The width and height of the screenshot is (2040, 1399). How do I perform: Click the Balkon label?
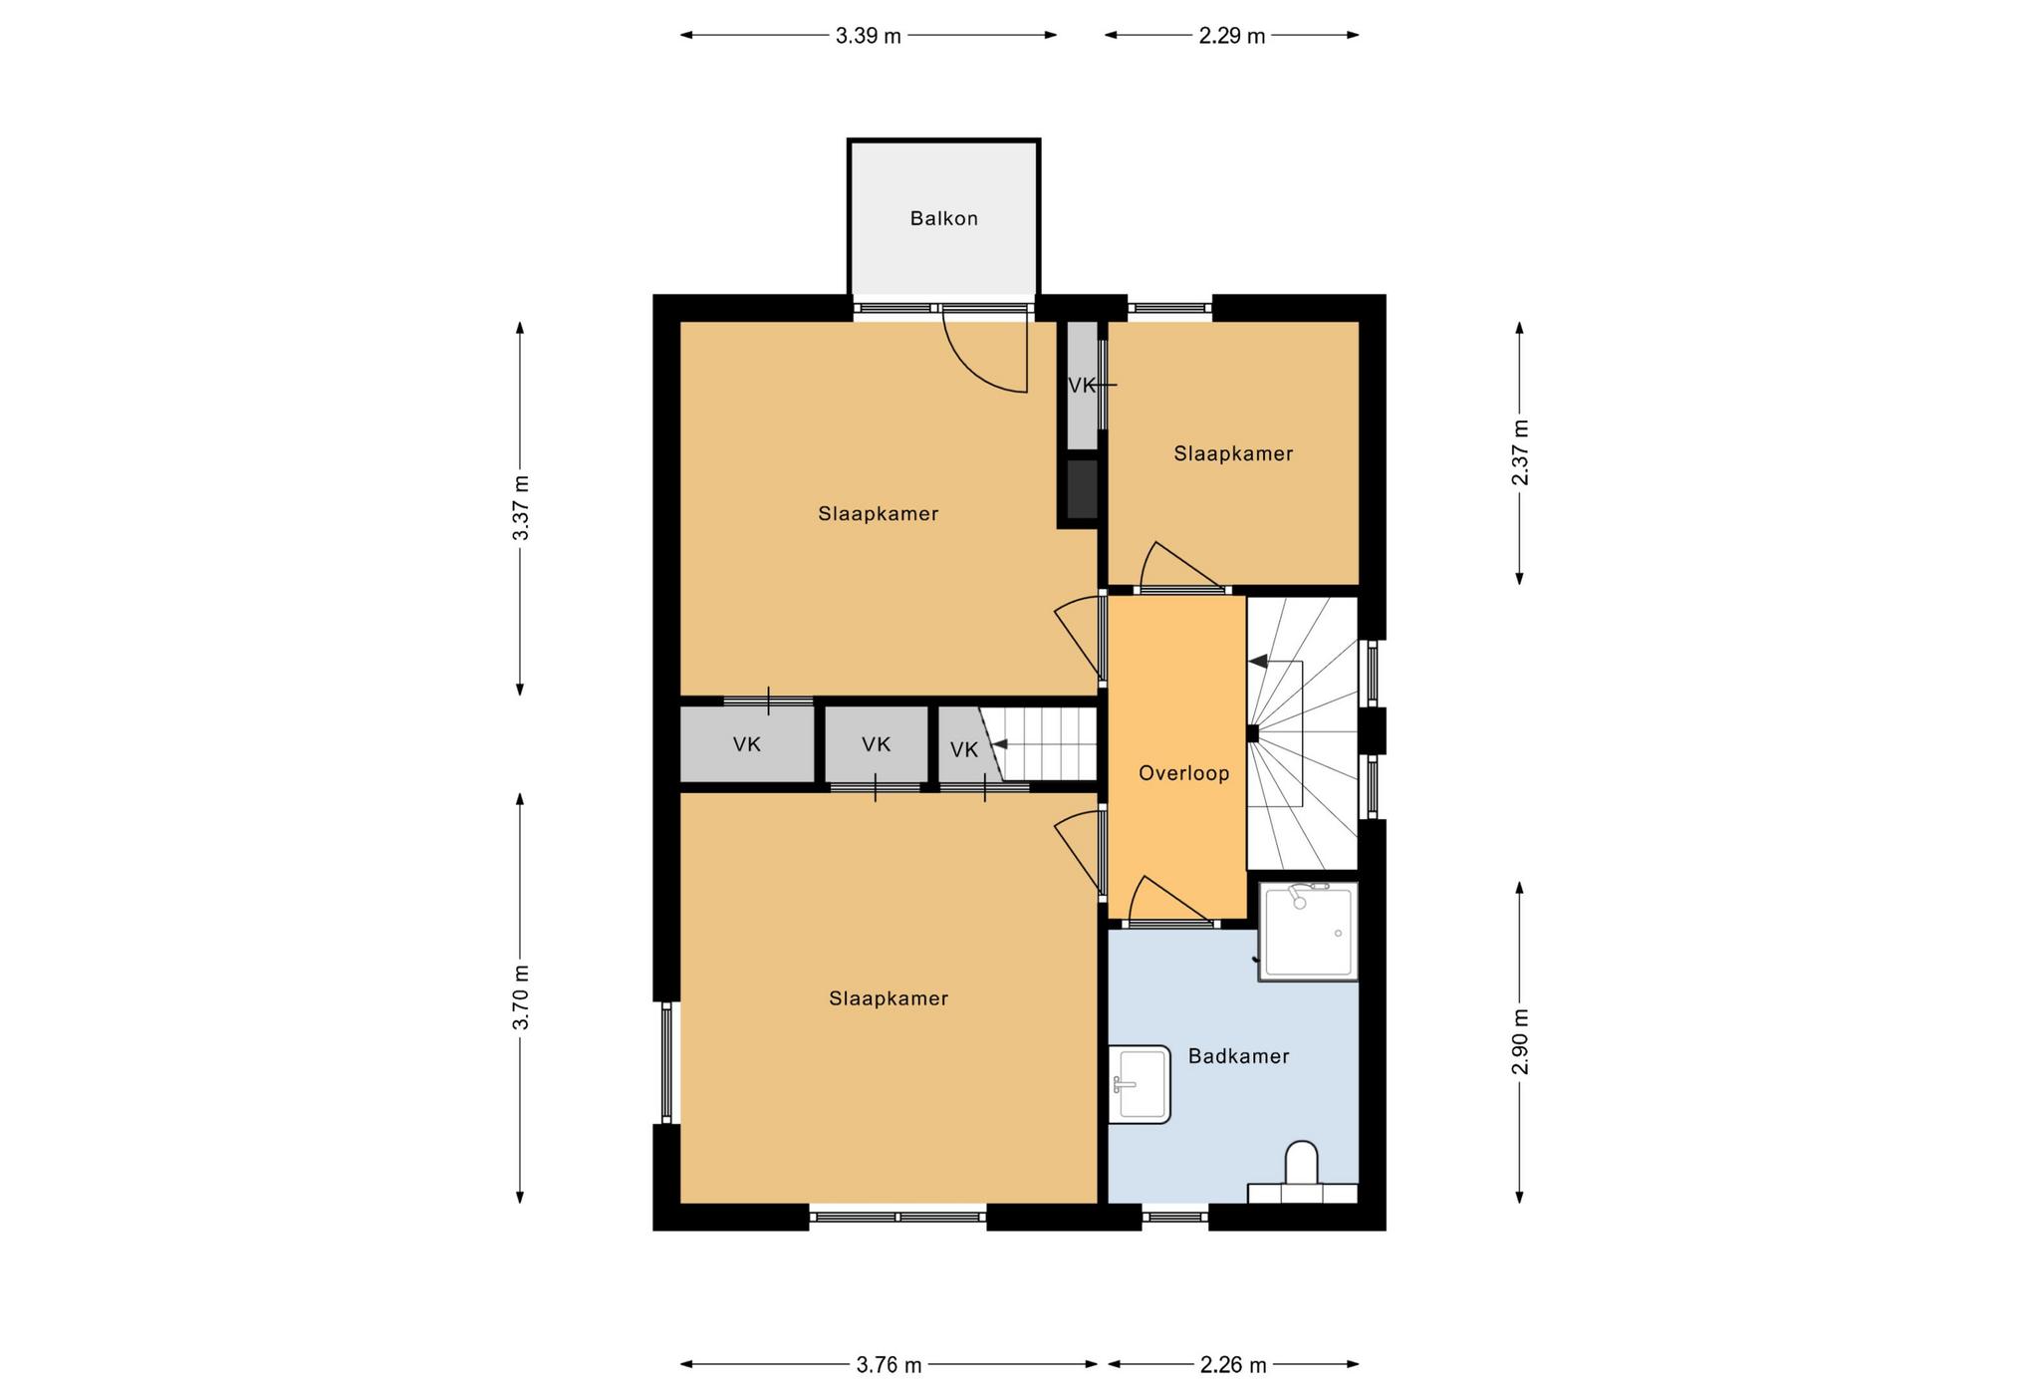(943, 218)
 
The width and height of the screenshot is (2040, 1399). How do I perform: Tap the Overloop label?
(1183, 773)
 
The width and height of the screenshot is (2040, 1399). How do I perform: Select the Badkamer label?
(1238, 1056)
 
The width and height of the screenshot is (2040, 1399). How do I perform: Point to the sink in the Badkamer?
(1140, 1084)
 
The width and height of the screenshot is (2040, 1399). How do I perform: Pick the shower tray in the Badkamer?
(1308, 931)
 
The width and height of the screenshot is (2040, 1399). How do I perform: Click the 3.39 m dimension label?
(868, 37)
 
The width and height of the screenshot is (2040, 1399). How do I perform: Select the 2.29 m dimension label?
(1231, 37)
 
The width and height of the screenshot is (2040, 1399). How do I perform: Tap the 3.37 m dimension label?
(521, 508)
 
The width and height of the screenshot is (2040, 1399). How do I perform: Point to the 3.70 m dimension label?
(521, 997)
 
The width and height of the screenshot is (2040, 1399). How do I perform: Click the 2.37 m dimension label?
(1520, 453)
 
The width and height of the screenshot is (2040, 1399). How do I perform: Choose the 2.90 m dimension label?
(1520, 1041)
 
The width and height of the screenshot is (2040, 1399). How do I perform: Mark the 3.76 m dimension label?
(889, 1365)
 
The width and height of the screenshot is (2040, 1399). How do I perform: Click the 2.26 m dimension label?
(1233, 1365)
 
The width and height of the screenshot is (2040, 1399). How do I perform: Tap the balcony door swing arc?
(966, 368)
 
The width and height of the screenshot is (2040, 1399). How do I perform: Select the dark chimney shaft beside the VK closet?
(1082, 489)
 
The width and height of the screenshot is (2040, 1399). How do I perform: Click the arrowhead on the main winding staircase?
(1258, 661)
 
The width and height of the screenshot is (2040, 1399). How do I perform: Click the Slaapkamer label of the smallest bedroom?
(1233, 454)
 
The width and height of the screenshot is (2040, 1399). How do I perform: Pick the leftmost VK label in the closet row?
(747, 744)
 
